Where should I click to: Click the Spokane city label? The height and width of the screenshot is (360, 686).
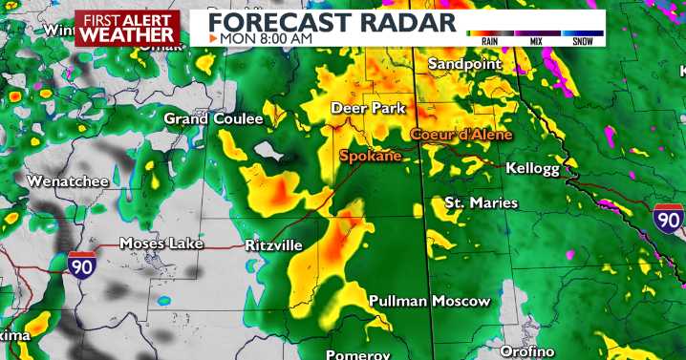[x=370, y=155]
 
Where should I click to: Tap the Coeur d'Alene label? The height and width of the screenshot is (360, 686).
[x=461, y=135]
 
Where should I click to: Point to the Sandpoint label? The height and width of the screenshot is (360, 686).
[x=464, y=64]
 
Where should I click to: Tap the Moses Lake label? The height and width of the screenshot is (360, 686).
[x=161, y=244]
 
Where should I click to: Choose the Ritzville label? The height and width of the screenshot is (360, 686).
[x=273, y=245]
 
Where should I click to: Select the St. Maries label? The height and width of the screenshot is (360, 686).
[x=482, y=202]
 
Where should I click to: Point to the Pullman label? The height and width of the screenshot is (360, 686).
[x=397, y=302]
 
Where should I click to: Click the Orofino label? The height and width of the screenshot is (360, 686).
[x=526, y=352]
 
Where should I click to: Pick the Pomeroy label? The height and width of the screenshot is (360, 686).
[x=358, y=354]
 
